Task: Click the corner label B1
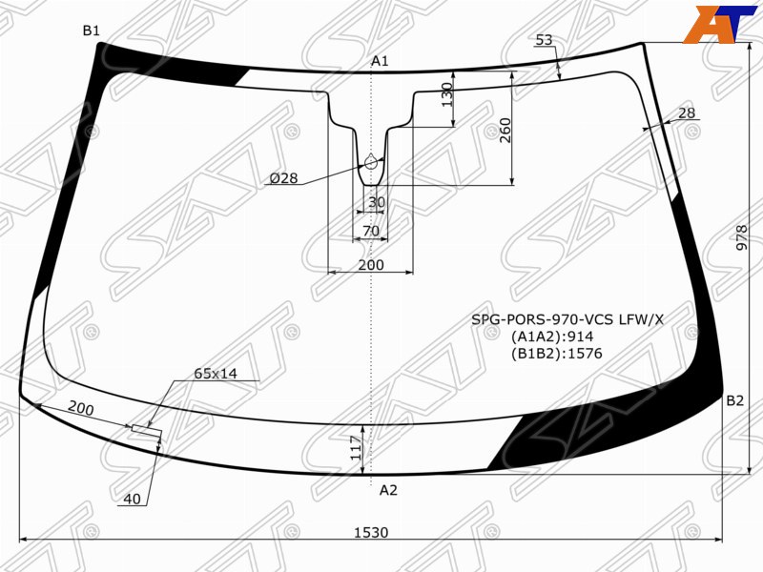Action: (x=91, y=31)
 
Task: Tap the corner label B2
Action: (x=734, y=400)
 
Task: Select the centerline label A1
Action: (x=380, y=61)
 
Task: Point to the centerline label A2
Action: (x=388, y=490)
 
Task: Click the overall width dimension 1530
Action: (x=371, y=533)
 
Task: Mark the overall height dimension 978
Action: (x=742, y=237)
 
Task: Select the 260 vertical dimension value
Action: (x=505, y=131)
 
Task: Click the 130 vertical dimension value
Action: (x=446, y=94)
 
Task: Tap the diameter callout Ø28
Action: (x=283, y=178)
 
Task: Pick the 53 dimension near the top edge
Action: (x=545, y=40)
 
